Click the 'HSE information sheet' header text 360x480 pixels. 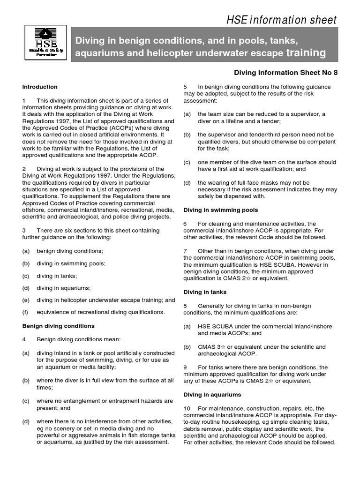[282, 20]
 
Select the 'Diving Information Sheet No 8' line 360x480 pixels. [285, 73]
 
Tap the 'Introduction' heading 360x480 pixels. [40, 87]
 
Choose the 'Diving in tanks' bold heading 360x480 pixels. [205, 292]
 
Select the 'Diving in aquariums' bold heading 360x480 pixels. [212, 395]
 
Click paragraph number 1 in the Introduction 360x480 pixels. [24, 101]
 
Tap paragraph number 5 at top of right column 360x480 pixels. [185, 87]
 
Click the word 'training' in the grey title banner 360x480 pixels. [306, 53]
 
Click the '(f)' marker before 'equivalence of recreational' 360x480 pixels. [26, 312]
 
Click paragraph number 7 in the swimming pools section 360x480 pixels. [185, 251]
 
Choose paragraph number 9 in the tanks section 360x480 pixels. [185, 367]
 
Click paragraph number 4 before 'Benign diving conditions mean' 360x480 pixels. [24, 340]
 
